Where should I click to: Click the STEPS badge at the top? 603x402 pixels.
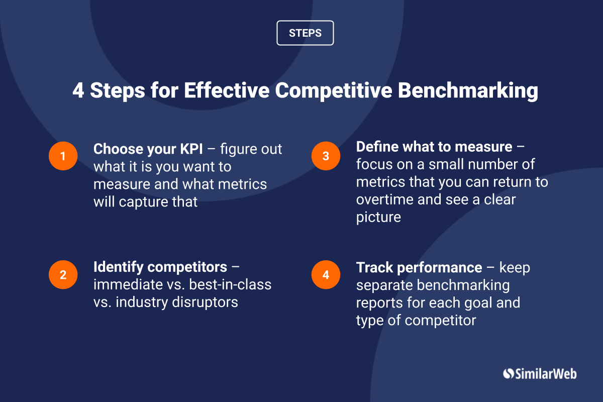click(x=305, y=33)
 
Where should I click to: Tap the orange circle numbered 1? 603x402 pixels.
click(x=63, y=156)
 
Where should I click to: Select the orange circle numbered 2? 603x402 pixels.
click(x=63, y=275)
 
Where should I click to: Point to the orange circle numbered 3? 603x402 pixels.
click(x=326, y=156)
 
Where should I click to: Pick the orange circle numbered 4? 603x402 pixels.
click(x=326, y=275)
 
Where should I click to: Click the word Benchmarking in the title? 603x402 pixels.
click(x=468, y=91)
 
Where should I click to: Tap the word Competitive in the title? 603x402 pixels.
click(x=334, y=91)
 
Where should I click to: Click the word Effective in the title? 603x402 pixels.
click(x=227, y=90)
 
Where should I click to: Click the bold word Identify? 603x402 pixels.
click(x=119, y=268)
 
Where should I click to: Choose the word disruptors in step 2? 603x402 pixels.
click(x=205, y=303)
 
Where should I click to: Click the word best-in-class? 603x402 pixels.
click(x=230, y=284)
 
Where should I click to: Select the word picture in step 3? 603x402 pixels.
click(x=378, y=218)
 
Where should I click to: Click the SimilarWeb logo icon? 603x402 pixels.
click(x=508, y=373)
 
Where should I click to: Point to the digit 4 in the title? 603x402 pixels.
click(x=78, y=90)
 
